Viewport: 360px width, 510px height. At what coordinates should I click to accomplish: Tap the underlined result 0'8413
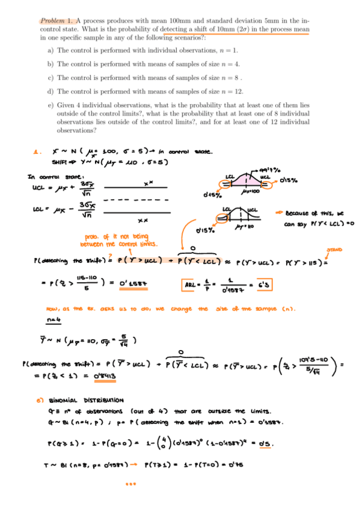pos(103,376)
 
